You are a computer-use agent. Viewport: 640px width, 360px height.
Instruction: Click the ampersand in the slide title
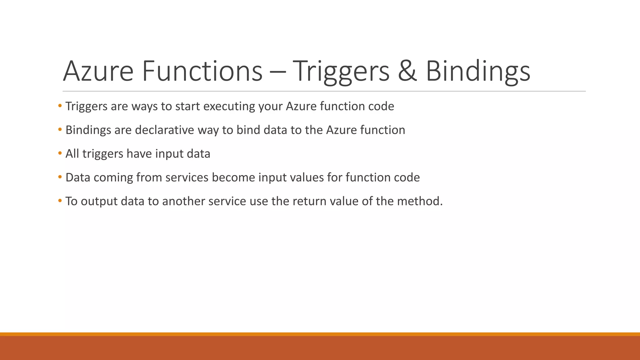pos(407,71)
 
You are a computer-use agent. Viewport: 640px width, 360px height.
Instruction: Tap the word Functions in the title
pos(202,71)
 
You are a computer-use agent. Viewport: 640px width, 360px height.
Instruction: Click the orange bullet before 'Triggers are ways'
pos(60,106)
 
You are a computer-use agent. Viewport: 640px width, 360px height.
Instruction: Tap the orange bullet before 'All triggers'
pos(60,153)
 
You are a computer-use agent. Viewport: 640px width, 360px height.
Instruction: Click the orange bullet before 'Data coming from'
pos(60,177)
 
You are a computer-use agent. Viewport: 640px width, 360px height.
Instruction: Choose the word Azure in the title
pos(98,71)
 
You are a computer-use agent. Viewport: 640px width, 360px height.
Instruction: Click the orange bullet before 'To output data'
pos(60,201)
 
